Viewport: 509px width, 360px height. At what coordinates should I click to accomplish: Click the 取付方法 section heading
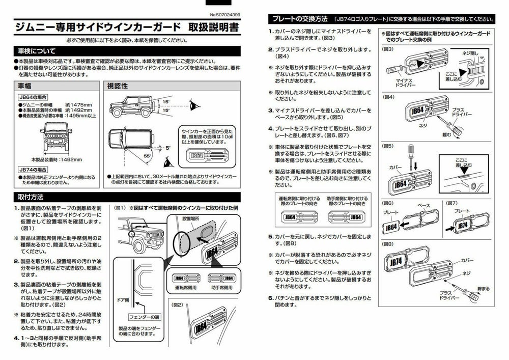[31, 197]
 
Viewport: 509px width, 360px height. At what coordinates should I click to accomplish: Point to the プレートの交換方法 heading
[299, 19]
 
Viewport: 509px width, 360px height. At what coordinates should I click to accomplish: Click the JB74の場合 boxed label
[33, 170]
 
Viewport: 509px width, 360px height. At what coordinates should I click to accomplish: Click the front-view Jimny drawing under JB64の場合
[55, 138]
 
